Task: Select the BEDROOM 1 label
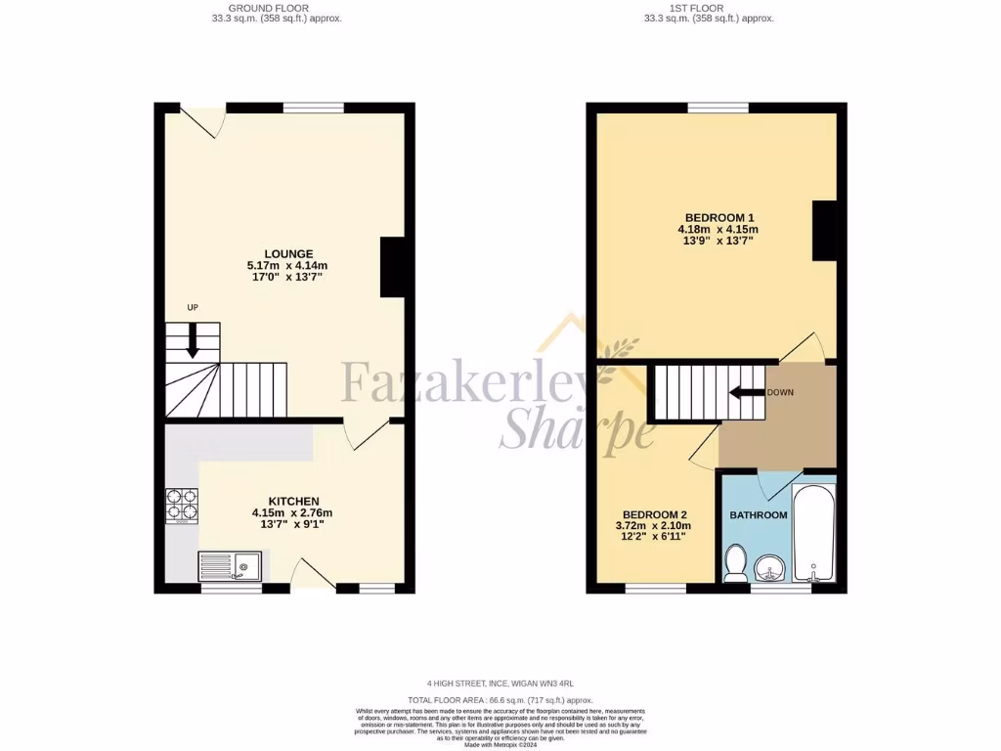[718, 217]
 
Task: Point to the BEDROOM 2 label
[655, 514]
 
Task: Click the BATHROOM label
[758, 515]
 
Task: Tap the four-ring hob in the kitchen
[182, 506]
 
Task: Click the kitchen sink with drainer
[230, 566]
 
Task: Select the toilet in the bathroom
[736, 562]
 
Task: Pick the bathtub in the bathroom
[812, 533]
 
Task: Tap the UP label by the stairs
[193, 308]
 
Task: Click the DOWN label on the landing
[780, 392]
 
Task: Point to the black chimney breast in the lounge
[392, 267]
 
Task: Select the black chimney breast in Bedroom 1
[825, 230]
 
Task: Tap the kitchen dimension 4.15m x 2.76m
[293, 512]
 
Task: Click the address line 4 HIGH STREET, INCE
[500, 684]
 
